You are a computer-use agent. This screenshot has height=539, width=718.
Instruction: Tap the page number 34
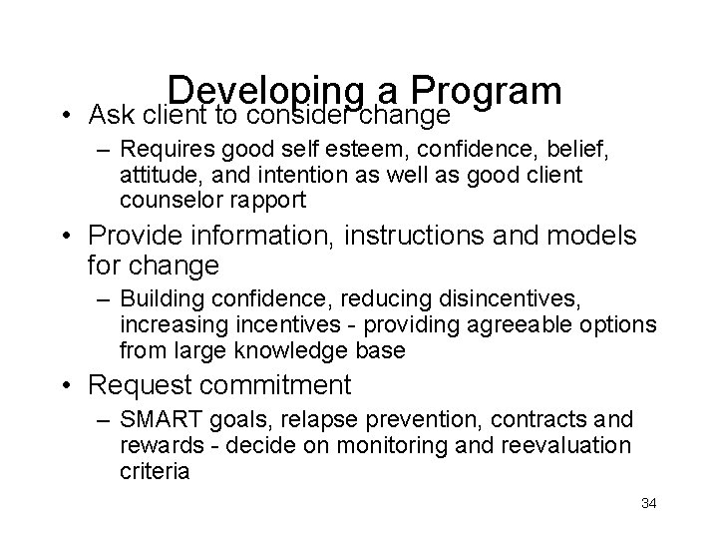pyautogui.click(x=648, y=503)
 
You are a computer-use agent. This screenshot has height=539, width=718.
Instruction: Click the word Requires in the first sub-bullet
pyautogui.click(x=161, y=151)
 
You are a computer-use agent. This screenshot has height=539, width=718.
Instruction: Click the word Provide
pyautogui.click(x=140, y=237)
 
